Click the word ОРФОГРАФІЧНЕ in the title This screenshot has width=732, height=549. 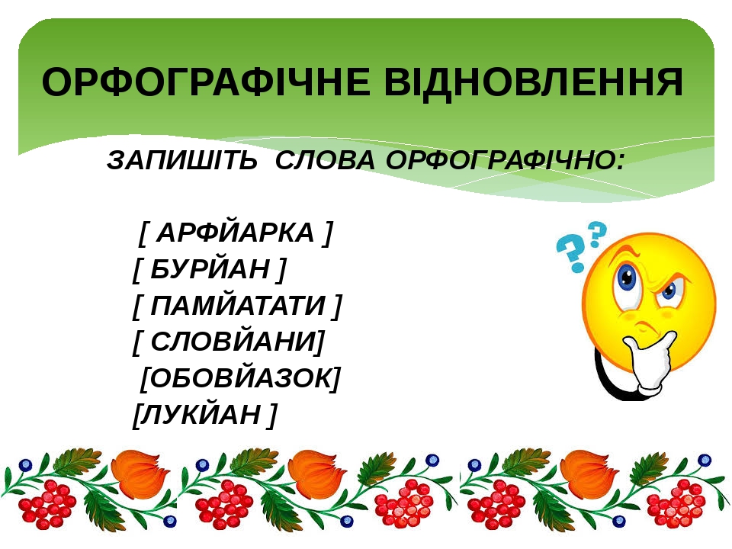[206, 82]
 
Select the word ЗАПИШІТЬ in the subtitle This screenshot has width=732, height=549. [182, 159]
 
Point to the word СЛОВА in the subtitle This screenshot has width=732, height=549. [325, 160]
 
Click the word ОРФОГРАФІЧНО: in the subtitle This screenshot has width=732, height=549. [505, 160]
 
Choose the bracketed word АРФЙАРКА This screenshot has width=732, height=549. [236, 233]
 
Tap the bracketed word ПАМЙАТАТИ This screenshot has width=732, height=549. [238, 305]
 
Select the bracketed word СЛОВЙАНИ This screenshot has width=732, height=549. [232, 342]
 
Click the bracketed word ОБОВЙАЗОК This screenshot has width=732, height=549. [240, 377]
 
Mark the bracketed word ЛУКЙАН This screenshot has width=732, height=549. [201, 414]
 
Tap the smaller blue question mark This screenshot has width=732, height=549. [598, 234]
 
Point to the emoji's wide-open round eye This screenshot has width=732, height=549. [627, 280]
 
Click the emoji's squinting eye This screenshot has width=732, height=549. [669, 291]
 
